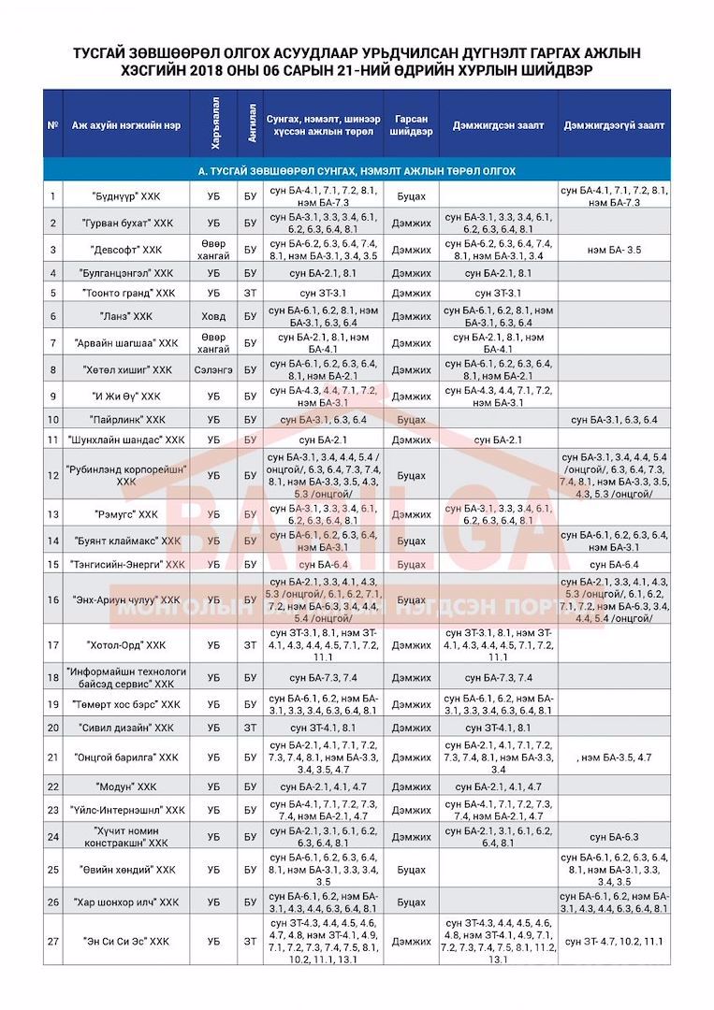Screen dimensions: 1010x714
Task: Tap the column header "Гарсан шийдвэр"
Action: click(412, 125)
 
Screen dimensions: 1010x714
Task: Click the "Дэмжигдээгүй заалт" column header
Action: click(614, 125)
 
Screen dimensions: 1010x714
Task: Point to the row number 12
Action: click(53, 474)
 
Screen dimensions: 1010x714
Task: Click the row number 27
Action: click(53, 941)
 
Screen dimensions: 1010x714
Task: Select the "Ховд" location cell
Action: click(212, 316)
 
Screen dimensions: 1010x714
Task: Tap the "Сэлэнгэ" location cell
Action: click(212, 369)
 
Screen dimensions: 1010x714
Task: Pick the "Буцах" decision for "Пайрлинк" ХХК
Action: click(412, 419)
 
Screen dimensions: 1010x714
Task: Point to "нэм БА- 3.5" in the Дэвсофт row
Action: click(614, 250)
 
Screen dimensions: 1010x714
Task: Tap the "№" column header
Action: click(53, 125)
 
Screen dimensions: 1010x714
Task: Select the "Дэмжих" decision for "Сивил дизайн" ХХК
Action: click(412, 727)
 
